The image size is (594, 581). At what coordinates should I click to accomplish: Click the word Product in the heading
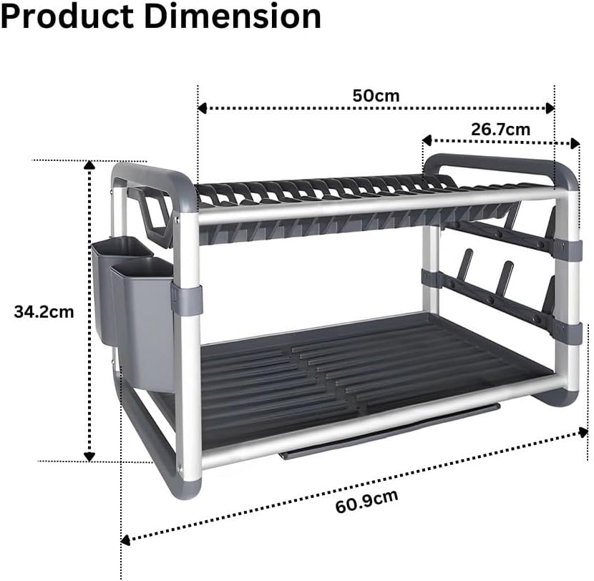click(67, 16)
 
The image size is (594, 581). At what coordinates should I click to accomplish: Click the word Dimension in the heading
click(233, 16)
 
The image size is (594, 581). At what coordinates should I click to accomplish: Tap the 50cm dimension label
click(376, 95)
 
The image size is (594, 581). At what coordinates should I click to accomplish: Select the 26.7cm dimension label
click(500, 130)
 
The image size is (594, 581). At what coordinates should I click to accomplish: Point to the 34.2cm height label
click(44, 312)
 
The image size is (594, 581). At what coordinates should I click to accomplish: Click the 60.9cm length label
click(366, 501)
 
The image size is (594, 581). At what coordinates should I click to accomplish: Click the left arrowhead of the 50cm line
click(202, 108)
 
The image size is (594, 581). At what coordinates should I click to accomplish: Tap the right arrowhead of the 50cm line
click(550, 108)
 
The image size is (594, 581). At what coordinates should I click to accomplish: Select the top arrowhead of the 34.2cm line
click(89, 165)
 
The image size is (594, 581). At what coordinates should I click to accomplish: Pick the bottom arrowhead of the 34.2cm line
click(89, 456)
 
